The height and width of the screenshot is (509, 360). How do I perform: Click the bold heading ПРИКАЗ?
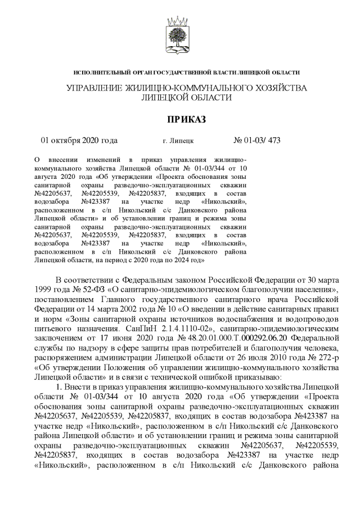(x=179, y=119)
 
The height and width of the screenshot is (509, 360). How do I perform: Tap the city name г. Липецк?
(x=177, y=141)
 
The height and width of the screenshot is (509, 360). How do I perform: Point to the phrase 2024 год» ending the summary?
(x=188, y=260)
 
